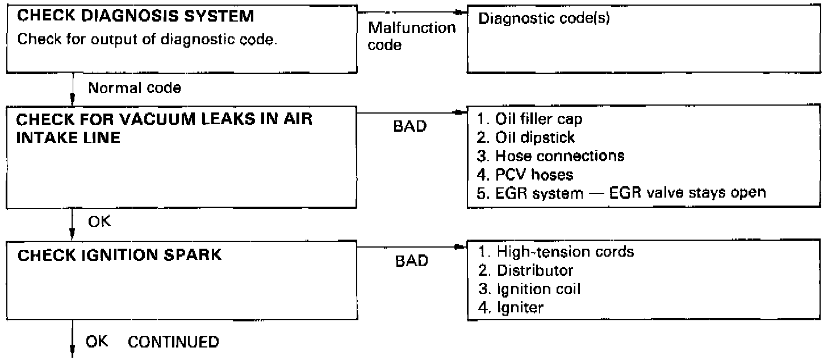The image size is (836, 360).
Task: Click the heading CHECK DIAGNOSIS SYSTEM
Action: pos(136,17)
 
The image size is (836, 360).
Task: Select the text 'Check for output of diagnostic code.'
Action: pos(148,41)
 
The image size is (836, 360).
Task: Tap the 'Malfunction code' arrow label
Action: pos(412,36)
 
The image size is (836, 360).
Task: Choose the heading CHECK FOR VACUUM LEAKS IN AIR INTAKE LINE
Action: pos(165,130)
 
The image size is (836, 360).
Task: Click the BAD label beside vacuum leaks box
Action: pos(409,127)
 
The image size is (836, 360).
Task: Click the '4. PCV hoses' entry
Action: pos(526,174)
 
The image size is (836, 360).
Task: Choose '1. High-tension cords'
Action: pos(557,251)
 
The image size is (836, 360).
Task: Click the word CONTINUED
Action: pos(173,342)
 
